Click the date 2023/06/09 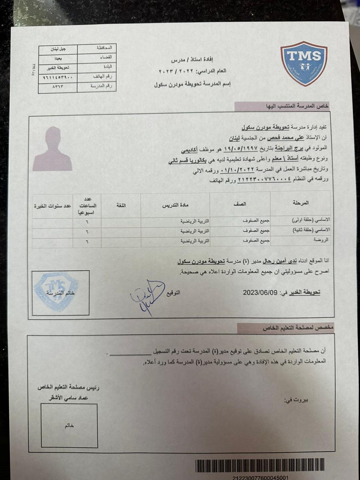coord(260,292)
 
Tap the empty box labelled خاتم coord(69,425)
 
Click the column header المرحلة coord(300,203)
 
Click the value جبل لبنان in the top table coord(58,49)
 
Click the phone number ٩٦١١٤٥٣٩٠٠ coord(58,77)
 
